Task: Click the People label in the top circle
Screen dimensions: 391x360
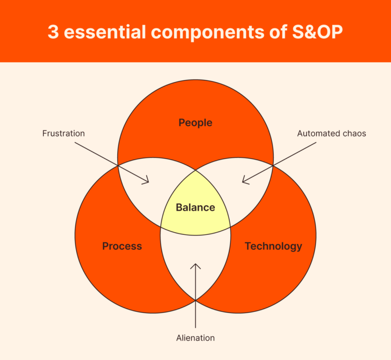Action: [x=195, y=123]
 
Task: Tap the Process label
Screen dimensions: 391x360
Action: [x=122, y=246]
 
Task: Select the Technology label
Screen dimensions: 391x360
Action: [x=273, y=247]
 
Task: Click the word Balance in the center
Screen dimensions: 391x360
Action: [x=195, y=207]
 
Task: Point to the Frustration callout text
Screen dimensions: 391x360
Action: [x=64, y=134]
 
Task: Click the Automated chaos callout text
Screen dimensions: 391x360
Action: [x=332, y=134]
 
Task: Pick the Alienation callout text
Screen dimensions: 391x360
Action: [x=195, y=338]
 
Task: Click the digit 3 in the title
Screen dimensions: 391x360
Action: [x=53, y=32]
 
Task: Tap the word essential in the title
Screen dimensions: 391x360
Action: [x=105, y=32]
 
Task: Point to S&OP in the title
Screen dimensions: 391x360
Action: [x=318, y=32]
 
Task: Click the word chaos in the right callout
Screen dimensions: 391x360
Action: [x=355, y=134]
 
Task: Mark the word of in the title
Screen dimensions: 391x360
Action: [x=278, y=32]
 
